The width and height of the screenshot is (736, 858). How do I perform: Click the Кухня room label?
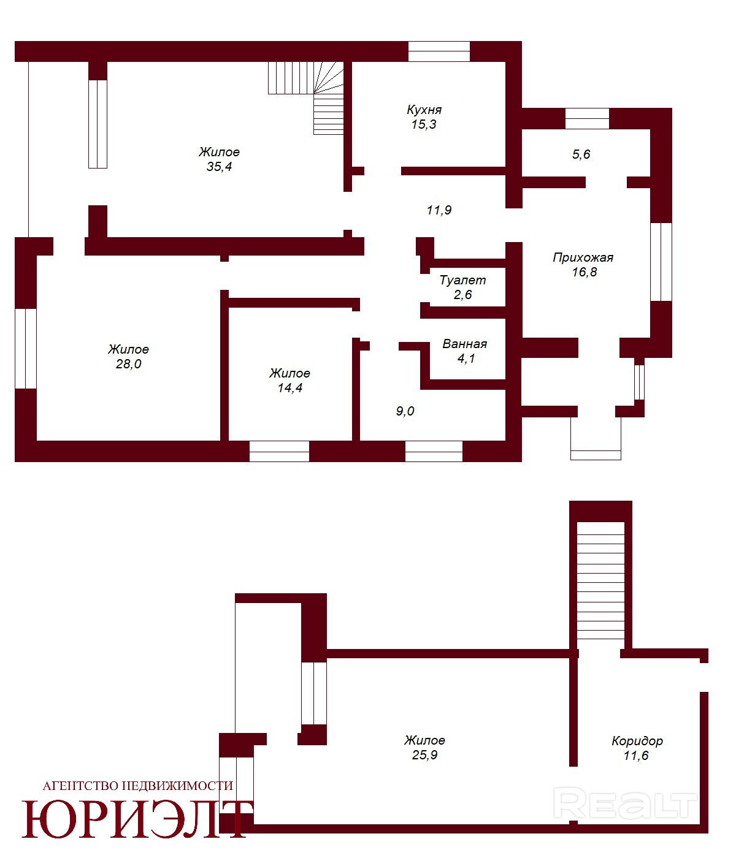(424, 110)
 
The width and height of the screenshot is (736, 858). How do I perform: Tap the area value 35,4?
(219, 167)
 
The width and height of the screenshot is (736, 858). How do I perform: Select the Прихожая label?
(583, 258)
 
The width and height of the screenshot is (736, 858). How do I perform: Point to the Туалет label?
(462, 280)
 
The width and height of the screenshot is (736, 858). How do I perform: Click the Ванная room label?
(464, 344)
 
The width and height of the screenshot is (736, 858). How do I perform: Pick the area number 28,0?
(128, 364)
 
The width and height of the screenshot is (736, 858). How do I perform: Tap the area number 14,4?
(290, 388)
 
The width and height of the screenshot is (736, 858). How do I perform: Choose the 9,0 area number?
(405, 411)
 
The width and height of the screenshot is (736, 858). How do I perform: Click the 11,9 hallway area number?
(439, 210)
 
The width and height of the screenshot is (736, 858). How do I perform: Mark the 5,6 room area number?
(581, 154)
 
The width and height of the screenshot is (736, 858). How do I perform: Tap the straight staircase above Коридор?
(600, 580)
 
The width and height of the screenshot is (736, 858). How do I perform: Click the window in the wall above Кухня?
(439, 51)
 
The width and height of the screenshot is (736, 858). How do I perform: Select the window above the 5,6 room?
(587, 119)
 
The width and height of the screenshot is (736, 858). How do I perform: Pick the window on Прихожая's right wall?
(661, 262)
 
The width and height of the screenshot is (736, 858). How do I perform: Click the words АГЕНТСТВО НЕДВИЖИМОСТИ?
(138, 786)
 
